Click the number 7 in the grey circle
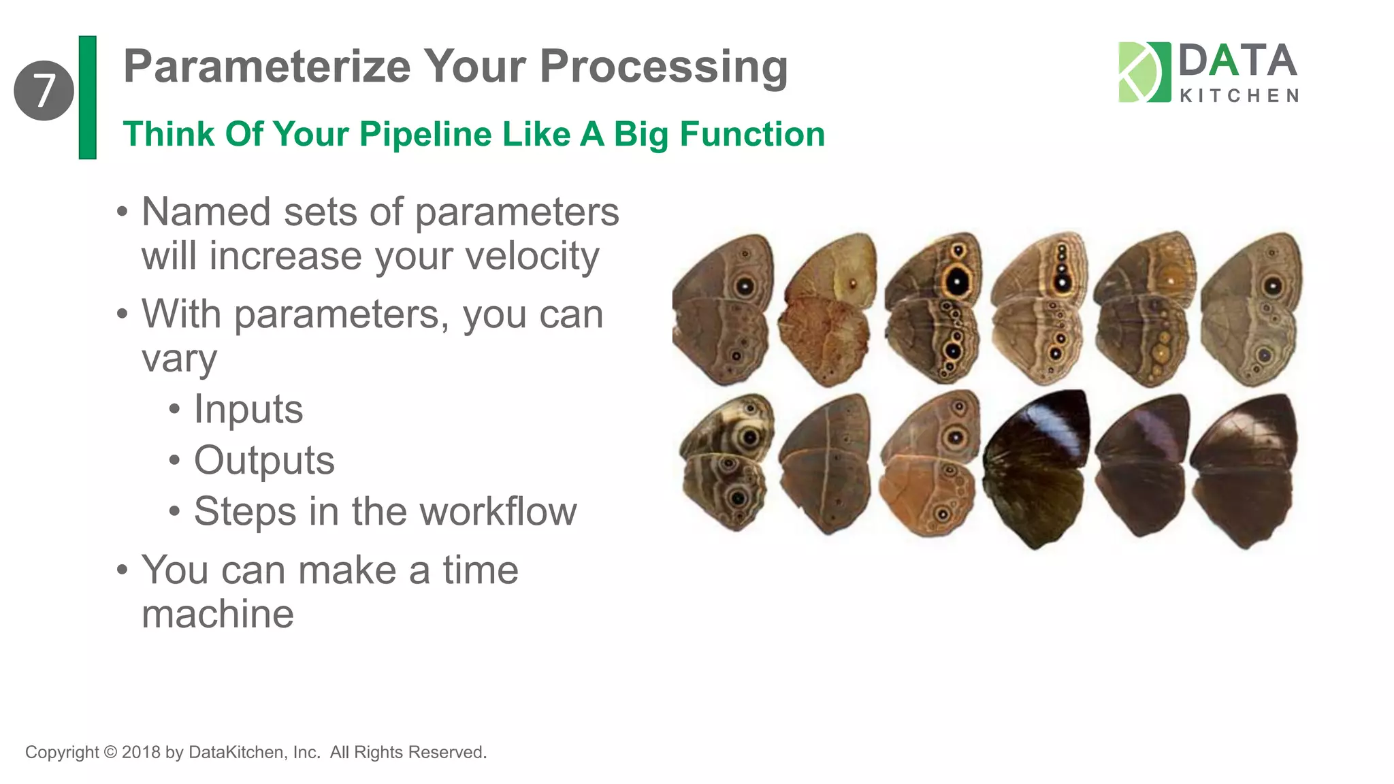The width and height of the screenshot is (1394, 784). click(x=44, y=91)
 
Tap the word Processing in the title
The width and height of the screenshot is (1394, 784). click(x=664, y=68)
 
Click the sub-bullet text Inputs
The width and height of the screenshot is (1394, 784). click(x=248, y=409)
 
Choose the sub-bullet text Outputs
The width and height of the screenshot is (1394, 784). click(x=264, y=461)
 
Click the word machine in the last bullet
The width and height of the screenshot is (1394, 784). click(x=218, y=614)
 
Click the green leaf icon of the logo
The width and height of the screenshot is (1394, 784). click(x=1144, y=72)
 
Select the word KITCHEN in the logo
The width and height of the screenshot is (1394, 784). click(x=1239, y=96)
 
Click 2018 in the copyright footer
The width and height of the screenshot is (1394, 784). click(x=141, y=752)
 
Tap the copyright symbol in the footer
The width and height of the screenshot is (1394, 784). click(x=110, y=752)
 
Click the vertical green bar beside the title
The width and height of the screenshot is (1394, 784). click(x=88, y=97)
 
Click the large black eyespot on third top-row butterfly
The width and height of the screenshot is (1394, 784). click(x=957, y=281)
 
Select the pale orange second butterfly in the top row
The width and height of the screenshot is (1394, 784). click(x=827, y=310)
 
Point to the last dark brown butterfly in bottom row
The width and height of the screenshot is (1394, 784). click(x=1244, y=470)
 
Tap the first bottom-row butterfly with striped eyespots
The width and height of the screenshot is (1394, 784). click(x=727, y=463)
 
